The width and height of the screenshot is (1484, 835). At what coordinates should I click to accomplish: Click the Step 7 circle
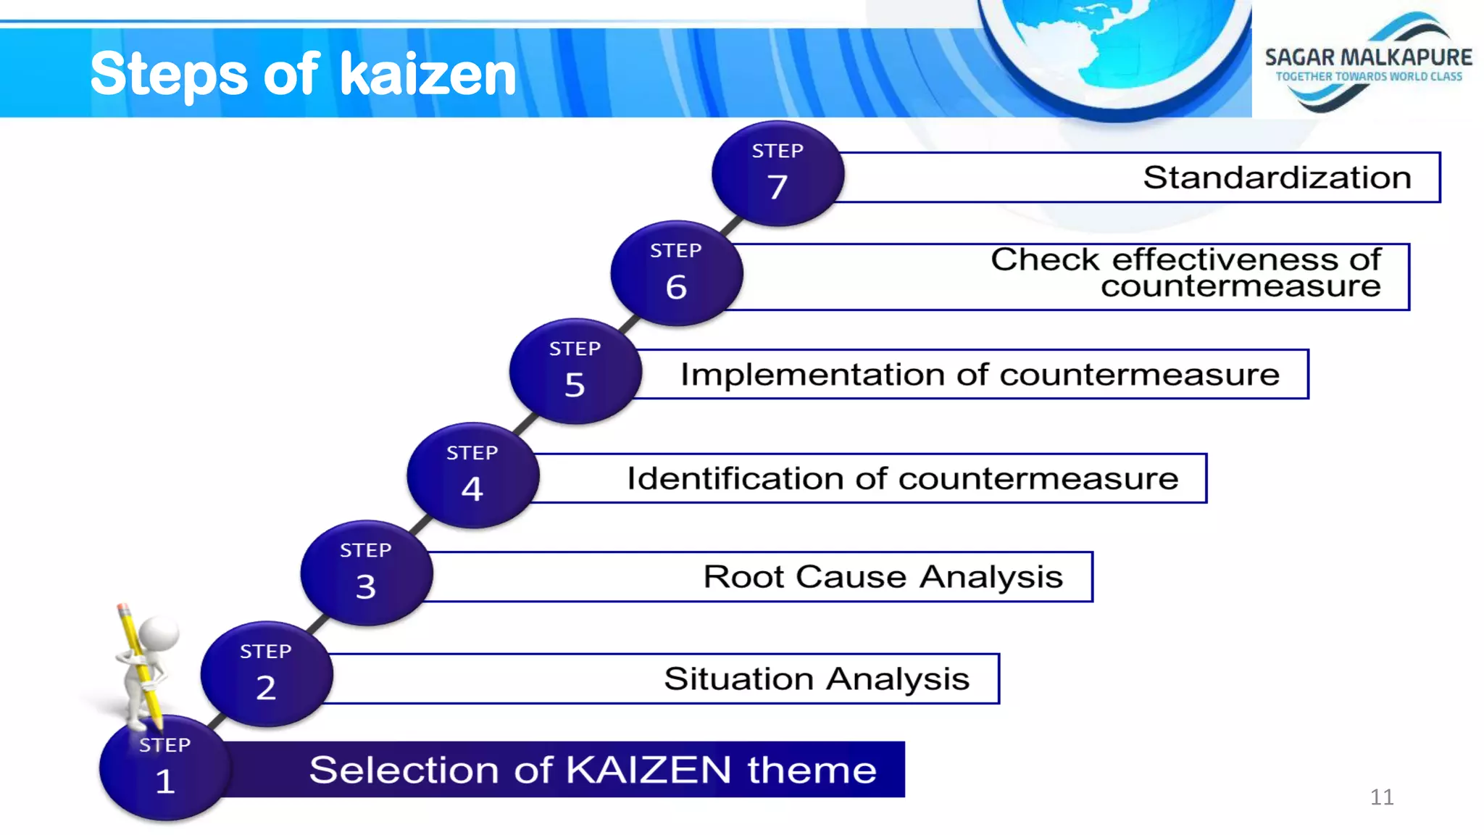pyautogui.click(x=778, y=174)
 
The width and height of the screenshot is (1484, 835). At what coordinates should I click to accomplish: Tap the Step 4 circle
pyautogui.click(x=472, y=475)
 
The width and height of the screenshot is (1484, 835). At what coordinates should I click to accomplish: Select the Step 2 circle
pyautogui.click(x=266, y=674)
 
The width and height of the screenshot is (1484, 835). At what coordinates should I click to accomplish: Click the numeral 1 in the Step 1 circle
pyautogui.click(x=165, y=781)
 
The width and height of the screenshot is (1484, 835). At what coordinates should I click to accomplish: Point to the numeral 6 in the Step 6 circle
pyautogui.click(x=676, y=287)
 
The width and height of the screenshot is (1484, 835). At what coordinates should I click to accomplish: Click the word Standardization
pyautogui.click(x=1277, y=178)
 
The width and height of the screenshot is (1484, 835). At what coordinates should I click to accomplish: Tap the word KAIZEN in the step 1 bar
pyautogui.click(x=649, y=770)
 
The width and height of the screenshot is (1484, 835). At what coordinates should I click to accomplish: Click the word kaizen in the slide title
pyautogui.click(x=428, y=75)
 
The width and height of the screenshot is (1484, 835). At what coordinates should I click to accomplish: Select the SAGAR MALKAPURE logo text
pyautogui.click(x=1368, y=57)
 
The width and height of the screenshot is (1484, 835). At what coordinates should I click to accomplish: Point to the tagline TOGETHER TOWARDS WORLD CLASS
pyautogui.click(x=1368, y=77)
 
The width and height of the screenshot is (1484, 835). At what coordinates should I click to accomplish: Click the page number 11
pyautogui.click(x=1381, y=797)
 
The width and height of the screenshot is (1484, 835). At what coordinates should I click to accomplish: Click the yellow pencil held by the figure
pyautogui.click(x=139, y=663)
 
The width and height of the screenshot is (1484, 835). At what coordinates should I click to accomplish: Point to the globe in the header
pyautogui.click(x=1116, y=43)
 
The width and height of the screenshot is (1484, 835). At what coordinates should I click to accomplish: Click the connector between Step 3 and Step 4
pyautogui.click(x=420, y=525)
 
